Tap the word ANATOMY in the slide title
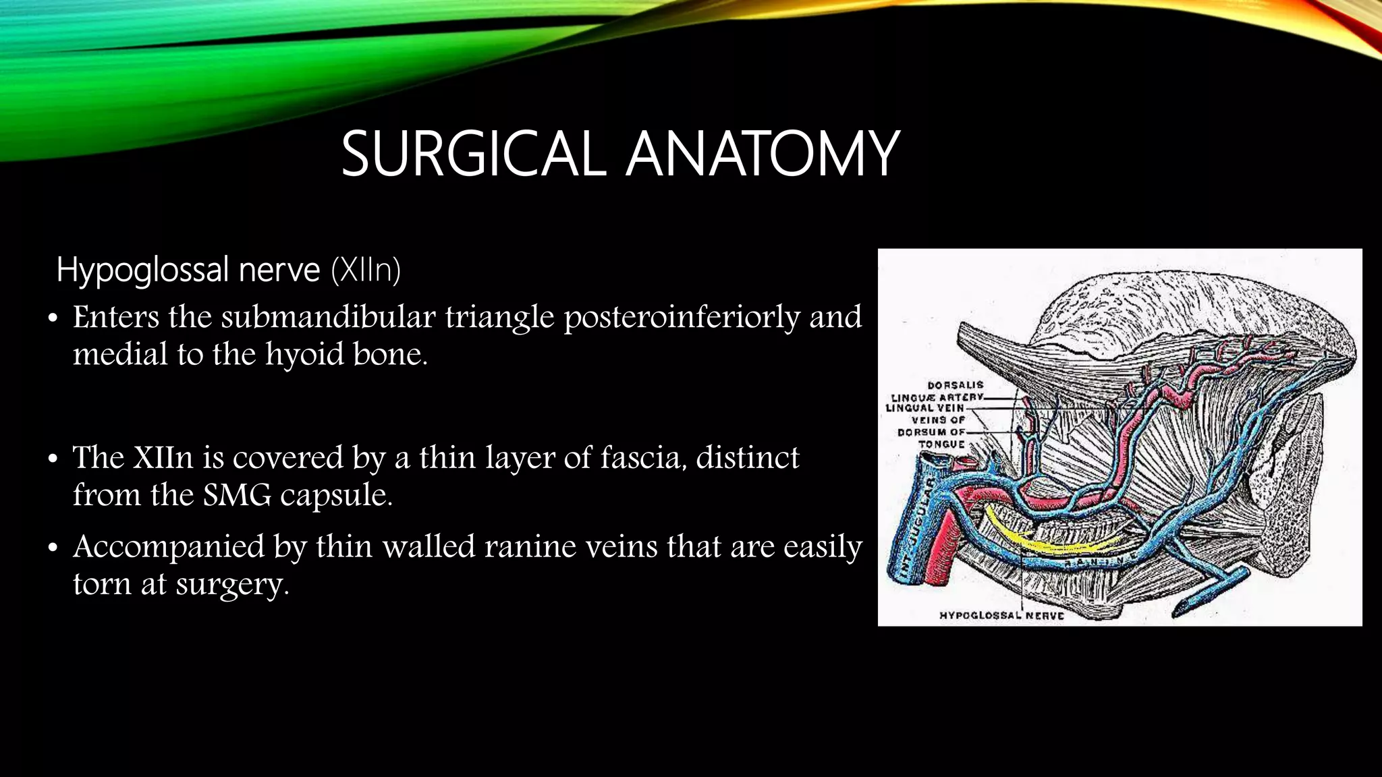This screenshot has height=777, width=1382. point(762,154)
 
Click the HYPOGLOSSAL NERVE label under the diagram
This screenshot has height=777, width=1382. point(1001,615)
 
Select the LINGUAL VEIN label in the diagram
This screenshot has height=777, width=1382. point(924,408)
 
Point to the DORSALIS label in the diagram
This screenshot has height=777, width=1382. point(956,385)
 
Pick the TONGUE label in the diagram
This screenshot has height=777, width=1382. point(941,444)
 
